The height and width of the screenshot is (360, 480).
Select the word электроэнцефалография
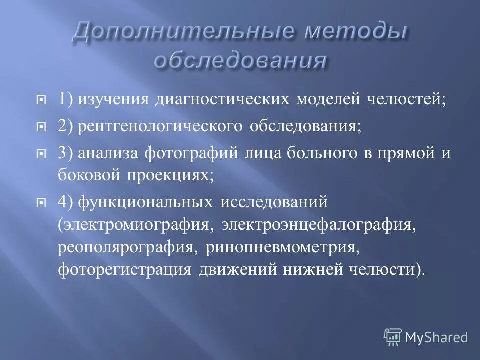[319, 225]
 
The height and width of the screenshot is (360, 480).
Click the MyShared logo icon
[393, 337]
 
